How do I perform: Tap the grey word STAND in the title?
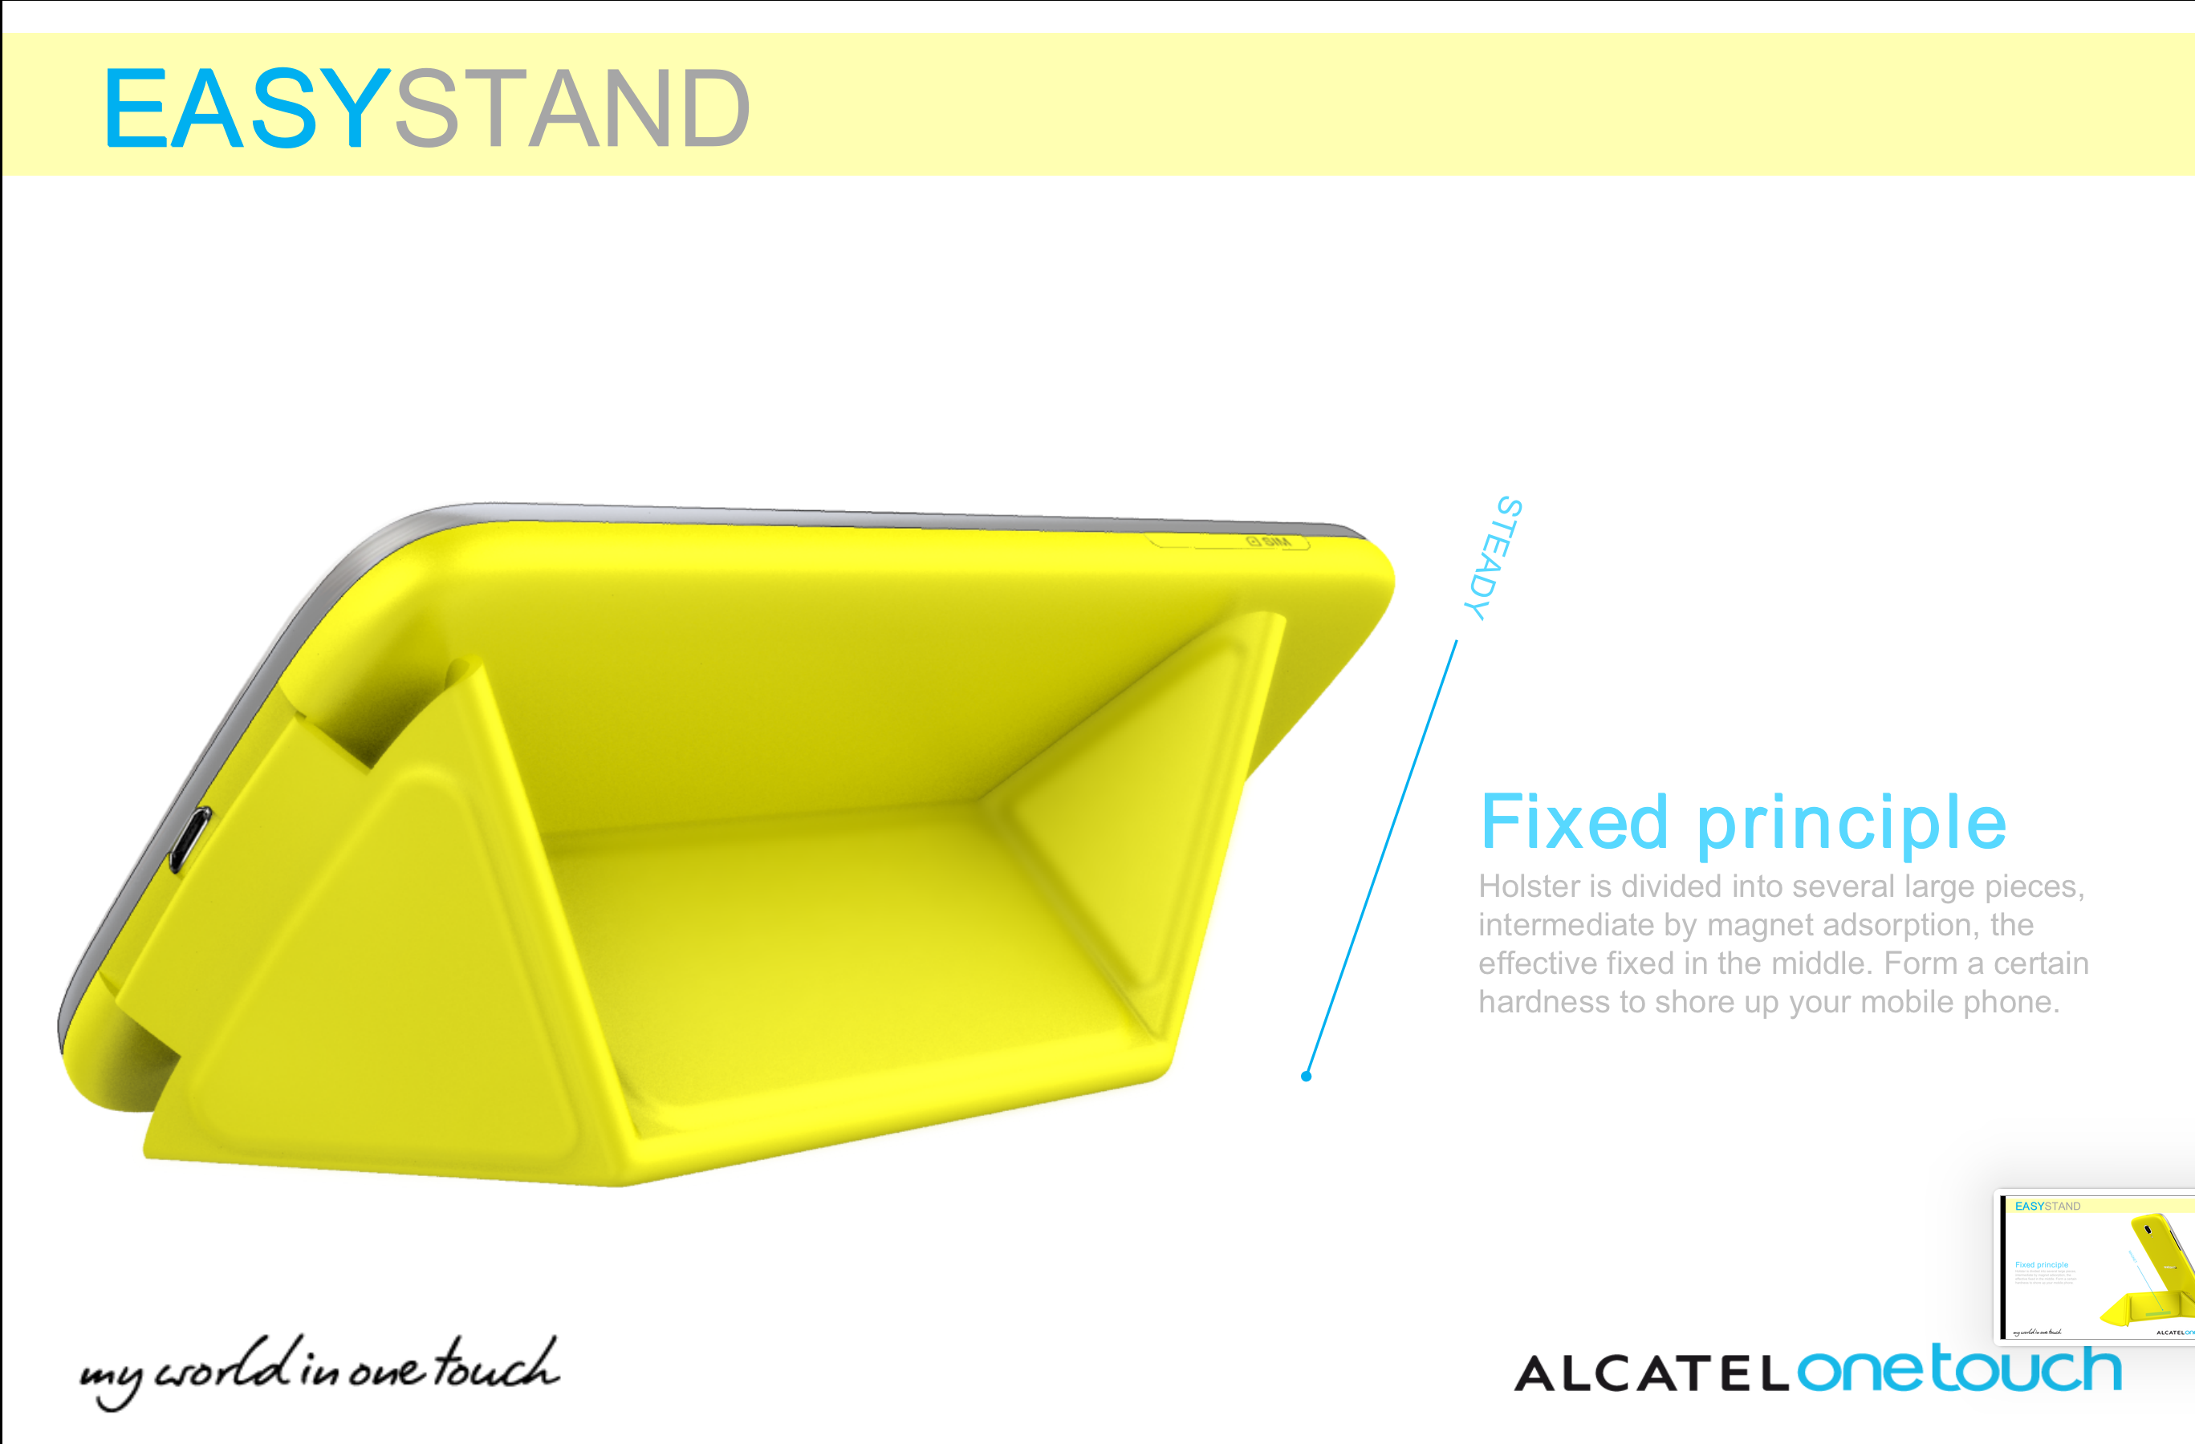[571, 109]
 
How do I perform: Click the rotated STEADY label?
[1492, 558]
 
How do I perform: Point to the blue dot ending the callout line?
[1306, 1075]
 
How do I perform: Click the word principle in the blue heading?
[1851, 823]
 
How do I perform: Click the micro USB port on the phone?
[190, 838]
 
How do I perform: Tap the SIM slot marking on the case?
[1269, 541]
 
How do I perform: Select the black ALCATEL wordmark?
[1652, 1375]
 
